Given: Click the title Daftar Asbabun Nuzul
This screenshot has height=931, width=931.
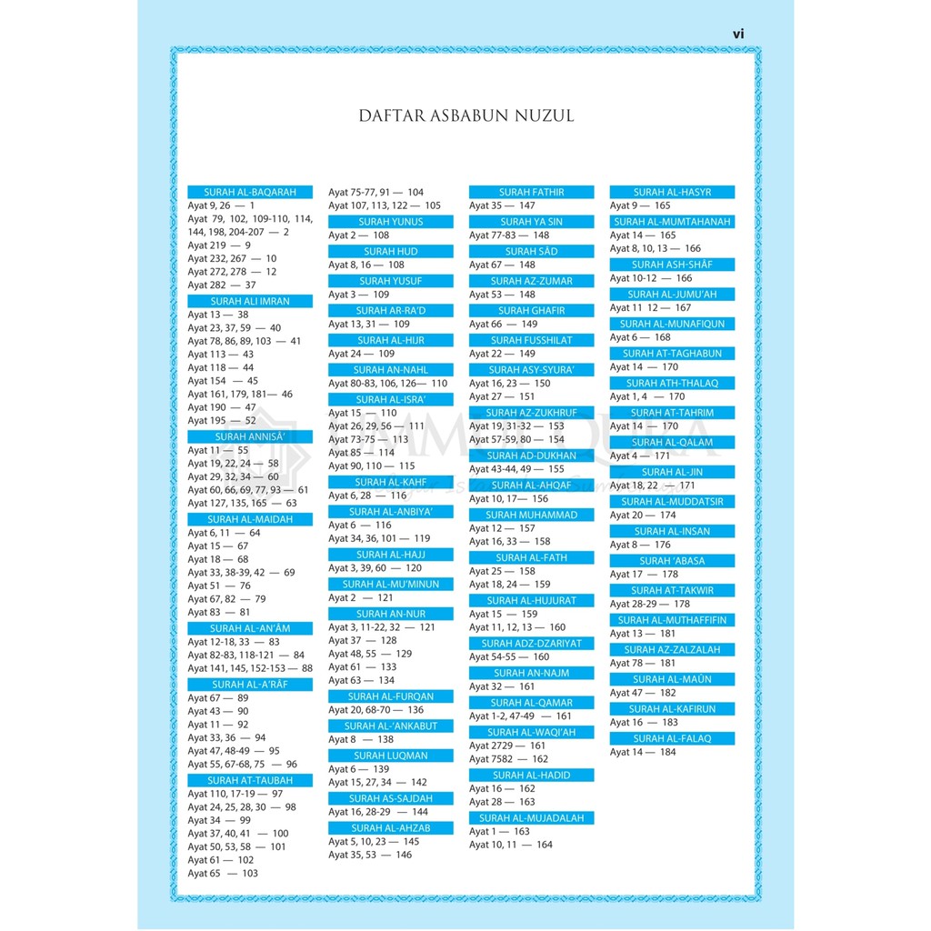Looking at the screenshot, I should point(465,116).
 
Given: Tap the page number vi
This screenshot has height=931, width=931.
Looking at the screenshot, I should point(738,34).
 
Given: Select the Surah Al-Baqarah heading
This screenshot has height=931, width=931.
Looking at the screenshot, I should point(250,193).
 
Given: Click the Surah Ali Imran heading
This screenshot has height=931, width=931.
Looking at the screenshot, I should point(250,301).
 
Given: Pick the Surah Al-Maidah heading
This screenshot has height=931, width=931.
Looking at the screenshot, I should point(250,519).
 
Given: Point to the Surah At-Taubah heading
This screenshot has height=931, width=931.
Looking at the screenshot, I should point(250,780).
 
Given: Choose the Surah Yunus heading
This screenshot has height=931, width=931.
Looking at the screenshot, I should point(391,222).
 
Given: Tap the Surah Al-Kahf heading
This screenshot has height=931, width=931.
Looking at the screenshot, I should point(391,482).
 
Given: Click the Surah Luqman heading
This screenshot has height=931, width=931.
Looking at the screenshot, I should point(391,756).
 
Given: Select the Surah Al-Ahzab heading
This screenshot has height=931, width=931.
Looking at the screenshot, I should point(391,828).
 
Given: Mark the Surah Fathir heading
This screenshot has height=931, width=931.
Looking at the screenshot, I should point(531,193).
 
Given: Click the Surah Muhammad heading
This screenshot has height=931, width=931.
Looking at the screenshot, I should point(531,515).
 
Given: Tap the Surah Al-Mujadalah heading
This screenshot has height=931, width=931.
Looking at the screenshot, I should point(531,818).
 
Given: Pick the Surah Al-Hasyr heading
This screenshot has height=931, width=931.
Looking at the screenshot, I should point(672,193).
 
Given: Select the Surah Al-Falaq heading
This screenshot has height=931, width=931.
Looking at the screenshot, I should point(672,739).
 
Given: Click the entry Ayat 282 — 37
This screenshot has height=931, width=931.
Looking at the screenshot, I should point(222,285).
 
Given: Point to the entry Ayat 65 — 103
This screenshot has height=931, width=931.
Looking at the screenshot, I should point(223,873).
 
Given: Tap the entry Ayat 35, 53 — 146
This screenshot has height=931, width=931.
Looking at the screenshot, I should point(370,855).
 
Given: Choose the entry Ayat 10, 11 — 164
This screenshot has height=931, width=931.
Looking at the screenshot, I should point(511,845).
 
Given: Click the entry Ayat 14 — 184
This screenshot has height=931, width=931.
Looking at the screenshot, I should point(643,752).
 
